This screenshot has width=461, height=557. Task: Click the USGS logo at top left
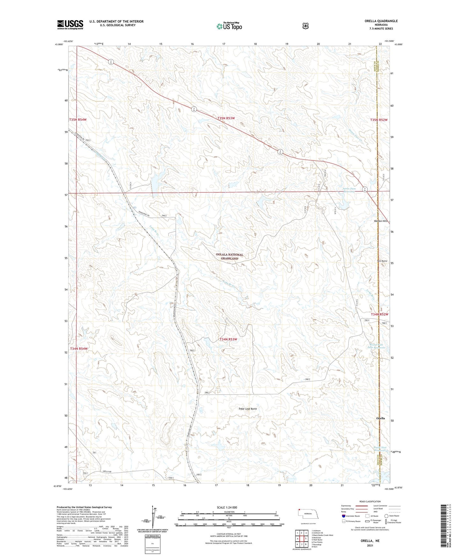tap(70, 25)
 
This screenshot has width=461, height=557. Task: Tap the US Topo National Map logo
tap(229, 26)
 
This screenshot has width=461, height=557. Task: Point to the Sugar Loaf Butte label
tap(248, 409)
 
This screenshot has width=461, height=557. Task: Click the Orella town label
tap(380, 418)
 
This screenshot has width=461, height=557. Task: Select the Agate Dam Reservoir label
tap(349, 190)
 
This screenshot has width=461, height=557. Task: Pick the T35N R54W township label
tap(78, 120)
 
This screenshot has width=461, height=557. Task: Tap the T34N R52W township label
tap(380, 314)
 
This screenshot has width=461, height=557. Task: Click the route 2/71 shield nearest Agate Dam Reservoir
tap(365, 189)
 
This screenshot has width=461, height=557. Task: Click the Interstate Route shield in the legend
tap(343, 516)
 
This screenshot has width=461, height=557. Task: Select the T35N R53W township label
tap(226, 118)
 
